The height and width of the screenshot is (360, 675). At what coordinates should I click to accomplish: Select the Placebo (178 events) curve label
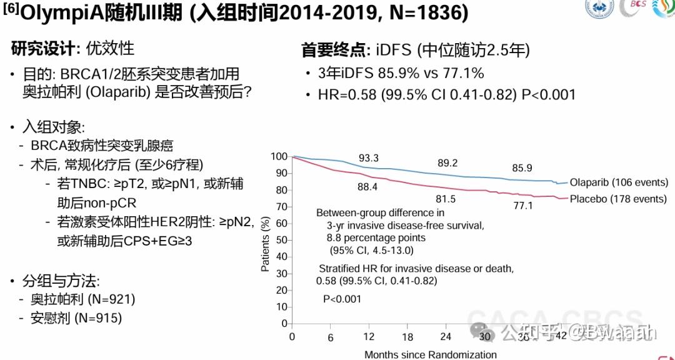coord(617,199)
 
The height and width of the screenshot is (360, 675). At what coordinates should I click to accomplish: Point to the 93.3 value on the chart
coord(369,157)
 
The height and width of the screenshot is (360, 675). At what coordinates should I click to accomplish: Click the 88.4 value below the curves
coord(368,186)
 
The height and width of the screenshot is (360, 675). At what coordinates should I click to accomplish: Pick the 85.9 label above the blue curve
coord(522,168)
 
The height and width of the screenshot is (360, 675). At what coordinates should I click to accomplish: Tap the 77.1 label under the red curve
coord(522,205)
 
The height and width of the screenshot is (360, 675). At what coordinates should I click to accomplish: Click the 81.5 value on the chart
coord(446,199)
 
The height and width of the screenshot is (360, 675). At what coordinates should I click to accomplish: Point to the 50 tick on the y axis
coord(281,240)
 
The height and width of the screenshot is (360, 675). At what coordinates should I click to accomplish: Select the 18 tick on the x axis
coord(407,337)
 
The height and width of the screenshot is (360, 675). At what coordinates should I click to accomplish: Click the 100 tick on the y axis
coord(279,156)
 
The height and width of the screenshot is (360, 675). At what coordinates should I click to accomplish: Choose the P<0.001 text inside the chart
coord(342,299)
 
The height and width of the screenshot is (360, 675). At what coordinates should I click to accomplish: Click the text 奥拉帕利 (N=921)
coord(83,299)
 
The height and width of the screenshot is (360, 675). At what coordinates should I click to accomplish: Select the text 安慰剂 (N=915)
coord(76,317)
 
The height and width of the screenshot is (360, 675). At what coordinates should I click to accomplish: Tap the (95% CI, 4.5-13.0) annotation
coord(371,251)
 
